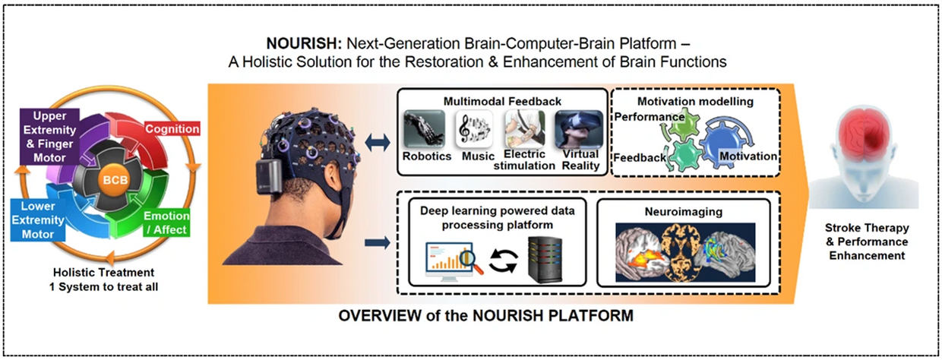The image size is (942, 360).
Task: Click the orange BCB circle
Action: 115,180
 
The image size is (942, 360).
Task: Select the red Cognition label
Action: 172,128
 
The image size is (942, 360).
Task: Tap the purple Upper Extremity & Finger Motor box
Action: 49,137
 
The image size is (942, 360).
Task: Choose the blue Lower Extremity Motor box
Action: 38,220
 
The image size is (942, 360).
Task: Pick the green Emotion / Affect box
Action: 166,223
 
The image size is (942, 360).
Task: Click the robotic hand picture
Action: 425,129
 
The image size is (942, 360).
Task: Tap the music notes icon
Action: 474,129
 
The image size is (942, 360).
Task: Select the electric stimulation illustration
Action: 525,129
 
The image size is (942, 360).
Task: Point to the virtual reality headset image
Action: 579,129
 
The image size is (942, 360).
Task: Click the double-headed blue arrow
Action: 378,143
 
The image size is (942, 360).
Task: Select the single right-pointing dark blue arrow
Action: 378,243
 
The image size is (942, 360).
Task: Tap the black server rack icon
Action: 545,259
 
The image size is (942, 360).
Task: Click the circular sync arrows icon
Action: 504,261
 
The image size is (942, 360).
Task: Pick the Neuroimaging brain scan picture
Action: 685,252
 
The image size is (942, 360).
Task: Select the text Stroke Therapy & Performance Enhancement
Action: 867,242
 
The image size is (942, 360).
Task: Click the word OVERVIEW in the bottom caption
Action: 380,315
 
